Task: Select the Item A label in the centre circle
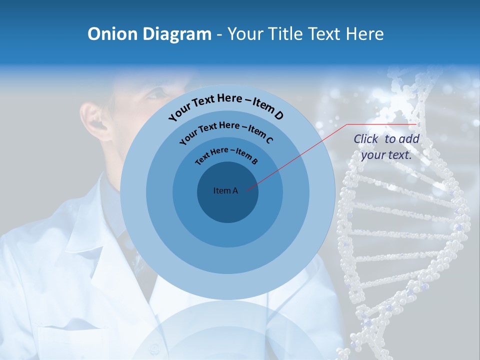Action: [225, 190]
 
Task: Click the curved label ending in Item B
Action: [226, 155]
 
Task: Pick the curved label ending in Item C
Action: [226, 133]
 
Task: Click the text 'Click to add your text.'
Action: [386, 147]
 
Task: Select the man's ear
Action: [95, 120]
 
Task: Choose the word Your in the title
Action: [246, 34]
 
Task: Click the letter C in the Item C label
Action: [269, 140]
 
